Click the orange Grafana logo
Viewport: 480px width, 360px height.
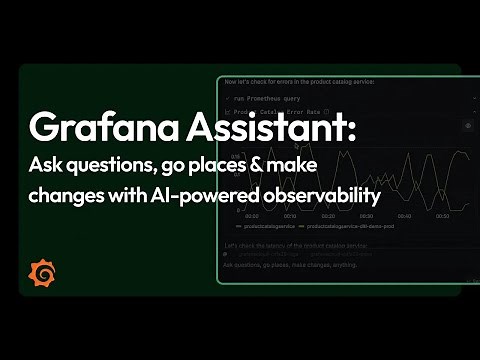point(44,271)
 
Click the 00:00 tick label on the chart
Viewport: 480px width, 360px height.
point(252,215)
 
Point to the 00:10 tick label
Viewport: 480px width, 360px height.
point(290,215)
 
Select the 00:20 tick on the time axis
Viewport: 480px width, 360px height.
point(329,215)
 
